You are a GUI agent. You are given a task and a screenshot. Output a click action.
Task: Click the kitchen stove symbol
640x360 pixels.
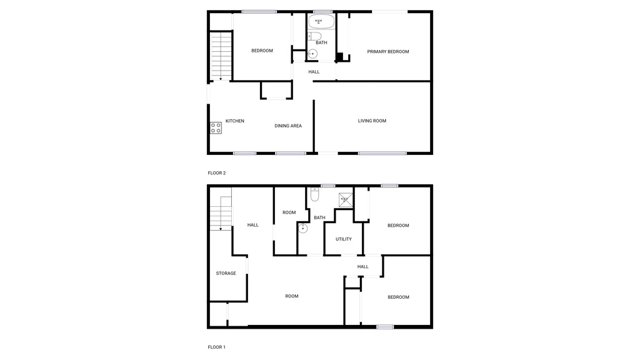tap(216, 128)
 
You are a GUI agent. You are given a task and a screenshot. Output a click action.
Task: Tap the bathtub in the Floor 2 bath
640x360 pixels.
tap(321, 22)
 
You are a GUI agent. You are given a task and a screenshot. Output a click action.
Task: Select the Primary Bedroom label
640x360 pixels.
tap(388, 52)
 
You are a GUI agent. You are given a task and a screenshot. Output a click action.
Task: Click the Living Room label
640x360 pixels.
tap(372, 121)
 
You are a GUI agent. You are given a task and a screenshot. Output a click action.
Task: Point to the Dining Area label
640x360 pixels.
tap(288, 126)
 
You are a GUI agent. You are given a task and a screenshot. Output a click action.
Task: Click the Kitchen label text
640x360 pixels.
tap(235, 121)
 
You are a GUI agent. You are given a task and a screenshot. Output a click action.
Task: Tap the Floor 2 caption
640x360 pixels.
tap(217, 173)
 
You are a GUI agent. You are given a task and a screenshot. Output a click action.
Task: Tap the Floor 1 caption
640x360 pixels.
tap(217, 347)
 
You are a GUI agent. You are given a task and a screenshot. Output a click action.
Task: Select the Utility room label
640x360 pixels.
tap(344, 239)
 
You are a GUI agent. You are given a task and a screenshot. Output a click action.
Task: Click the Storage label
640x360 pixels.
tap(226, 273)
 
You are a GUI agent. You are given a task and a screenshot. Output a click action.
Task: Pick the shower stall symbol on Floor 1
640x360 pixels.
tap(346, 200)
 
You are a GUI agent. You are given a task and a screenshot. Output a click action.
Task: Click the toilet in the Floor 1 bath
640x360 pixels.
tap(315, 195)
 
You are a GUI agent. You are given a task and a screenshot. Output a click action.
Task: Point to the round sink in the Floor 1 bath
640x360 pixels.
tap(303, 228)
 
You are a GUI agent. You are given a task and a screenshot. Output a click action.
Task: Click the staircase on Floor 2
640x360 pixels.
tap(221, 56)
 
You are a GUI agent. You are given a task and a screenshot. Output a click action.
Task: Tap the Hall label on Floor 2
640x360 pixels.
tap(314, 72)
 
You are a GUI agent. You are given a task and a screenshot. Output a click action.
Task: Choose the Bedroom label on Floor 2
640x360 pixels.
tap(262, 51)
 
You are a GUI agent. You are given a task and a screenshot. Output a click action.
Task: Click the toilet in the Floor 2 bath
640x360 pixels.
tap(316, 37)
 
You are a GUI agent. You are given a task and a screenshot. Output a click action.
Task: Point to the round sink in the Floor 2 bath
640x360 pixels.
tap(312, 54)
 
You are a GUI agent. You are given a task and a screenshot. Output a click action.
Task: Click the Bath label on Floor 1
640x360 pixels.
tap(319, 217)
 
